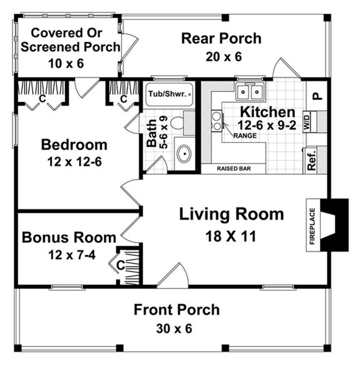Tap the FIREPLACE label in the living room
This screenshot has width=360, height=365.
click(x=311, y=226)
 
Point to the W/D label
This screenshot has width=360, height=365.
click(x=308, y=121)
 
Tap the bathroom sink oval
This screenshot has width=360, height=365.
click(x=184, y=154)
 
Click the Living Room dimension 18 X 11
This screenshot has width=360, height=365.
click(x=231, y=236)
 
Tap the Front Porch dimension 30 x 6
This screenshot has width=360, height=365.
click(x=177, y=329)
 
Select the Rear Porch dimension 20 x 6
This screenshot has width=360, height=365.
click(x=221, y=56)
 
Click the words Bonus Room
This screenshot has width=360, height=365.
click(x=69, y=237)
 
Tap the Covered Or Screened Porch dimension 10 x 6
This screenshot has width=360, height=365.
click(x=66, y=63)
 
